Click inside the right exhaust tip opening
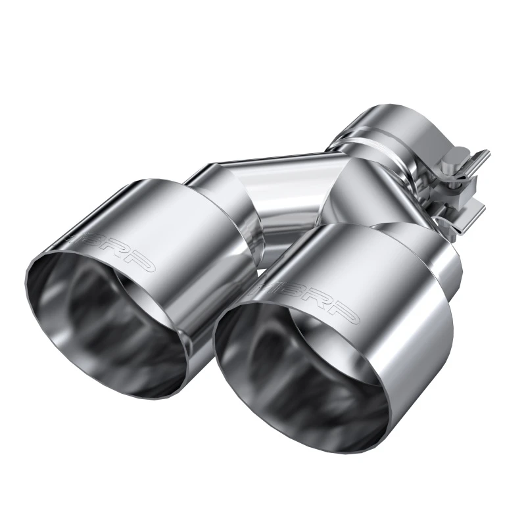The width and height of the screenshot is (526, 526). [296, 368]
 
